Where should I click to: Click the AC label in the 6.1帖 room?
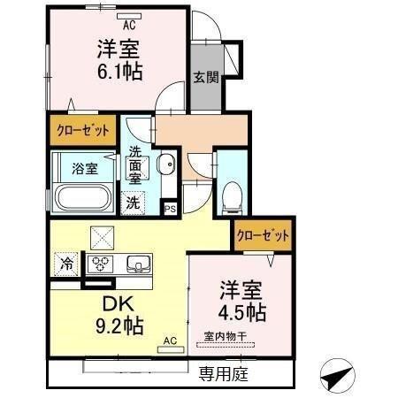point(129,25)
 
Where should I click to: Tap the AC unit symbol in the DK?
point(169,348)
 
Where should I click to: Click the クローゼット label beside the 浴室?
point(84,130)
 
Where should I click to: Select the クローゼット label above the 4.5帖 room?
point(263,236)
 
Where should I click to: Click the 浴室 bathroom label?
point(85,166)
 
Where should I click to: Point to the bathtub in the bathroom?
point(82,196)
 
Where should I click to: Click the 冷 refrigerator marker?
point(67,262)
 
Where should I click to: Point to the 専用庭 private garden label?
point(223,374)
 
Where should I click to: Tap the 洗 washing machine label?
point(132,201)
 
